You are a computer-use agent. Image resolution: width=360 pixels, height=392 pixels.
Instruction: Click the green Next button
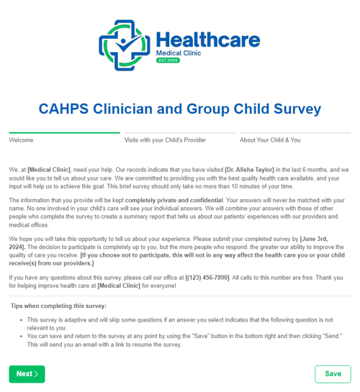27,373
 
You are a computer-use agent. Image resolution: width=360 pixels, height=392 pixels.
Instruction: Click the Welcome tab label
22,140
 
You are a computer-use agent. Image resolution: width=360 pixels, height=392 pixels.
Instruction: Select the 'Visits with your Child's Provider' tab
165,140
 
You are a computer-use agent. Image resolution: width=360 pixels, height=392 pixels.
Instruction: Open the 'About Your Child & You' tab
270,140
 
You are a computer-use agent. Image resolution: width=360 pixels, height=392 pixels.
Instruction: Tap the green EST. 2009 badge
168,60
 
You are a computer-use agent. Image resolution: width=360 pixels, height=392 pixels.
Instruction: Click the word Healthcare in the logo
207,39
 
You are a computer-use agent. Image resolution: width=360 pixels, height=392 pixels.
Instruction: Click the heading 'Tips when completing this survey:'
59,306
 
